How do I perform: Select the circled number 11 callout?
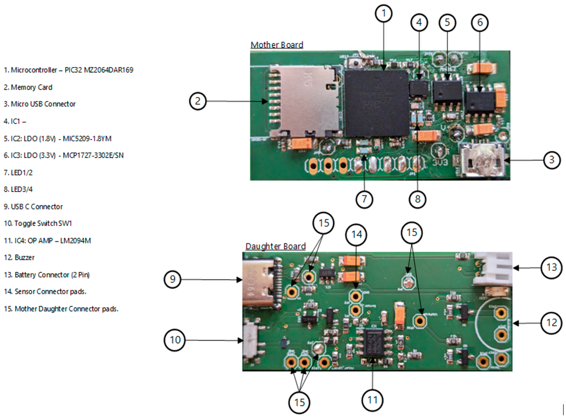coord(372,400)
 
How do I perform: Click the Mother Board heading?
coord(277,45)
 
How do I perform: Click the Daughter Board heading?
coord(275,246)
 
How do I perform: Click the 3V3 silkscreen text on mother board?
coord(440,163)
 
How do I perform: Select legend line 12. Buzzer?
coord(19,257)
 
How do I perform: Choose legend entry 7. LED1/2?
coord(18,173)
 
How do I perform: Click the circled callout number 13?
coord(552,267)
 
